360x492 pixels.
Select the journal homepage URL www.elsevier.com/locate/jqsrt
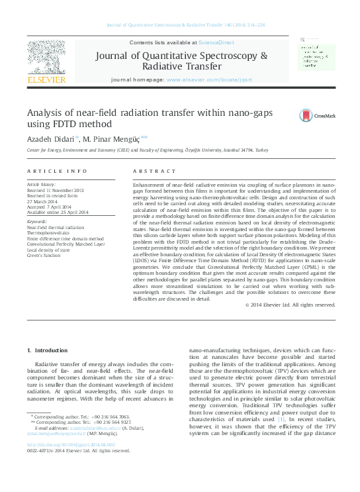[x=211, y=79]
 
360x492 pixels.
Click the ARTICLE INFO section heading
[x=57, y=171]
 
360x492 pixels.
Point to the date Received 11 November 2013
[x=56, y=190]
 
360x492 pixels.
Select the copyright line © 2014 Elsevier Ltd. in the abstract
[x=299, y=305]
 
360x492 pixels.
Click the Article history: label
[x=42, y=184]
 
